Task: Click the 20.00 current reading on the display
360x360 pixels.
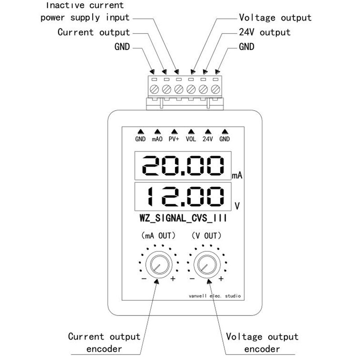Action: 183,166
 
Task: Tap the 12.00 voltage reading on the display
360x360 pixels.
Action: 185,197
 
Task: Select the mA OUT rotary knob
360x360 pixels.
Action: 159,265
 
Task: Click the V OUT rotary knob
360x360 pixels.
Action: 207,265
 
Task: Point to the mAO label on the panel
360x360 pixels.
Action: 157,139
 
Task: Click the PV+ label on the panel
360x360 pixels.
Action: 174,139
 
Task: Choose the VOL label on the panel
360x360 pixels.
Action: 191,139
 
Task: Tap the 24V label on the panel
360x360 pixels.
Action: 207,139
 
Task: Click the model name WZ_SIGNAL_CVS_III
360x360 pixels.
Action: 183,218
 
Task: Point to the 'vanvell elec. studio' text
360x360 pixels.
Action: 215,296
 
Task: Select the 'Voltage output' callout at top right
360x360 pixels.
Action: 275,18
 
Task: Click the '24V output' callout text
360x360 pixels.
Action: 265,32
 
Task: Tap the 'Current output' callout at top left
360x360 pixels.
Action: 94,32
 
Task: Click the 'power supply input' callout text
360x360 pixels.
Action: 85,18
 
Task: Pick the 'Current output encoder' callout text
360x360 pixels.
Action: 104,343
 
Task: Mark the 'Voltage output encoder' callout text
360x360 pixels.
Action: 262,343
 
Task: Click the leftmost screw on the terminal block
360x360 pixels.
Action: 154,89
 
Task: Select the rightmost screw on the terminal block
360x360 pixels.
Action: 216,89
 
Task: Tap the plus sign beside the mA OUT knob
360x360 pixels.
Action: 173,279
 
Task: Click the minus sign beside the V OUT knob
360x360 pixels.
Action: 192,279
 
